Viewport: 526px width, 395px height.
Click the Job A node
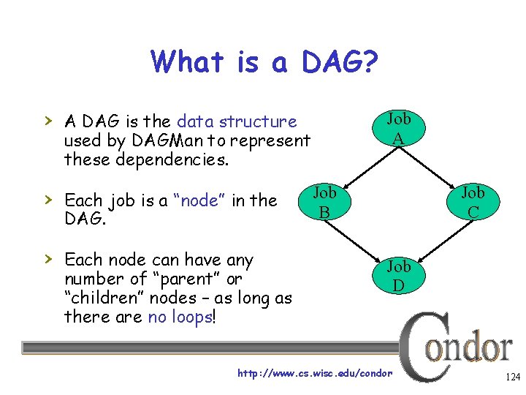pyautogui.click(x=398, y=128)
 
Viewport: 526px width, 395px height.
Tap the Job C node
pyautogui.click(x=473, y=202)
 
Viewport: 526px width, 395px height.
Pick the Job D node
pyautogui.click(x=398, y=275)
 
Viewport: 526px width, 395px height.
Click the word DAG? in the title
pyautogui.click(x=337, y=61)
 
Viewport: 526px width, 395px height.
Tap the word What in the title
pyautogui.click(x=186, y=61)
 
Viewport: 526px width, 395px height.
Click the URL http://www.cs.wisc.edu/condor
pyautogui.click(x=315, y=374)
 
